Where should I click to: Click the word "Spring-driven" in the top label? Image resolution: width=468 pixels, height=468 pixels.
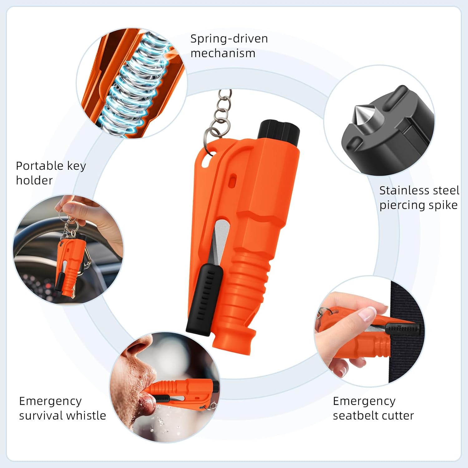(229, 39)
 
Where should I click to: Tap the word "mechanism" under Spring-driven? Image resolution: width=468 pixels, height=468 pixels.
(223, 53)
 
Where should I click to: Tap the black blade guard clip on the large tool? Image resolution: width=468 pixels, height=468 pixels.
(204, 298)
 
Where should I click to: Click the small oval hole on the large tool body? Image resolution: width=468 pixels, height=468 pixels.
(232, 181)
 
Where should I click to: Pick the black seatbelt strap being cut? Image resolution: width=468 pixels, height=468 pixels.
(406, 359)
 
